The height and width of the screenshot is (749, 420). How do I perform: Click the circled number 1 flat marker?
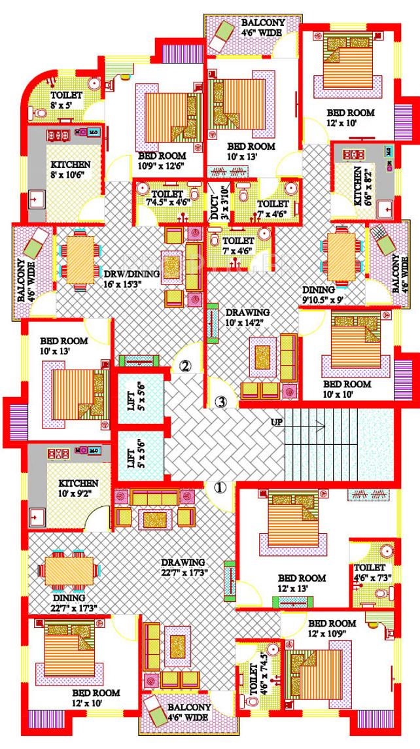tap(220, 487)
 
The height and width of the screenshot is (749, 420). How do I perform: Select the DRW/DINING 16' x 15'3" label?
tap(131, 278)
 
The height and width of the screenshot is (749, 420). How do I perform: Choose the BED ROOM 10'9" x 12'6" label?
tap(162, 161)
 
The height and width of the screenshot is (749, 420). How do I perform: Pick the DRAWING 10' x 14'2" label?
tap(248, 317)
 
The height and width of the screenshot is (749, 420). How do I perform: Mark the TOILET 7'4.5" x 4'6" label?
tap(161, 198)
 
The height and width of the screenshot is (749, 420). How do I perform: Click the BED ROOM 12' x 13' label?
tap(302, 583)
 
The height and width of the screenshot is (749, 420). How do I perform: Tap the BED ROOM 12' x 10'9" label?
tap(332, 628)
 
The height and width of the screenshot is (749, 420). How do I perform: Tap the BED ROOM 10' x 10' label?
tap(347, 389)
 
